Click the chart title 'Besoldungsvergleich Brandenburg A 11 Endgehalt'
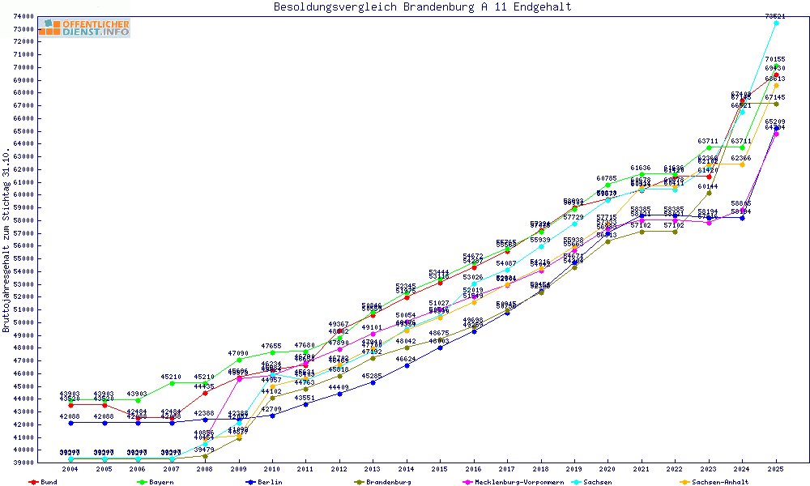click(x=422, y=7)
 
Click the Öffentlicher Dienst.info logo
click(x=83, y=28)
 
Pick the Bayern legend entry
click(x=160, y=482)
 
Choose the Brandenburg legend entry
click(x=387, y=482)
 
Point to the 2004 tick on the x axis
click(x=71, y=469)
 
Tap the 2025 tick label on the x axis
click(x=776, y=469)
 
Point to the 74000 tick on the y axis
click(x=23, y=16)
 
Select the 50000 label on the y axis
click(x=23, y=322)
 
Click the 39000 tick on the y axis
click(x=23, y=463)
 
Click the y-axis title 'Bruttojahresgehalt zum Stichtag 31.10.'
click(x=6, y=241)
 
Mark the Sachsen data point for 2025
click(x=776, y=23)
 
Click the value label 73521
click(x=776, y=16)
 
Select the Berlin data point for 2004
click(x=71, y=423)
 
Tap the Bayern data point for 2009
click(x=239, y=359)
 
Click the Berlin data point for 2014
click(x=407, y=365)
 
